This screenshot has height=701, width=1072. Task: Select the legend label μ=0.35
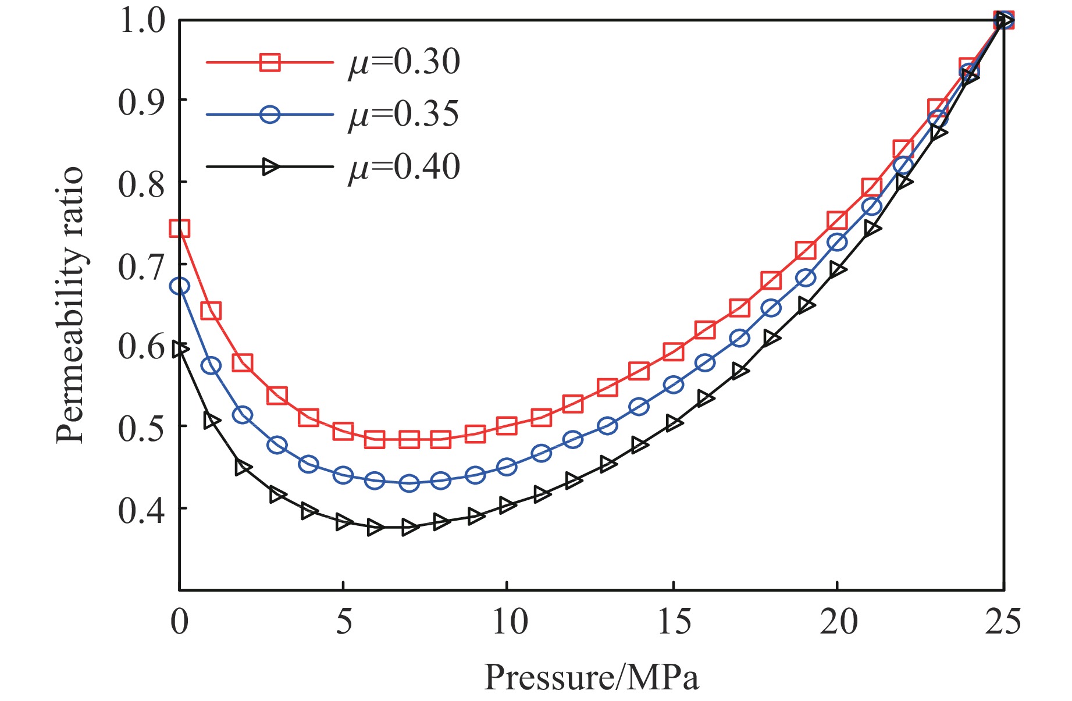pos(404,114)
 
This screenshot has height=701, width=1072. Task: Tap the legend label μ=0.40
pos(404,167)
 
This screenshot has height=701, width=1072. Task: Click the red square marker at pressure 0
pos(180,228)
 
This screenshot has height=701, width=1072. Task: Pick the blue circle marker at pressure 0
pos(180,286)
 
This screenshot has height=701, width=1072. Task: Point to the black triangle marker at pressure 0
pos(180,349)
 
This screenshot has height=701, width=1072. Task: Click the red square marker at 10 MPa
pos(507,426)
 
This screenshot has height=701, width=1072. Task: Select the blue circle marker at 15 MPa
pos(674,385)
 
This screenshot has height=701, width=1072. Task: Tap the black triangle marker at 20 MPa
pos(838,270)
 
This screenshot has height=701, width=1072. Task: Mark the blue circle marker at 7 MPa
pos(409,483)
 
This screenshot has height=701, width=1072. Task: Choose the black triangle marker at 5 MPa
pos(344,522)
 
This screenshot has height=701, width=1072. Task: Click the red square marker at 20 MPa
pos(837,220)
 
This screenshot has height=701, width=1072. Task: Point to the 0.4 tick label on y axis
pos(141,510)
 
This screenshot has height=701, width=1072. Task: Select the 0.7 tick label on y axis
pos(141,266)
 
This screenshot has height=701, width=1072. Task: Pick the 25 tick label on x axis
pos(1003,622)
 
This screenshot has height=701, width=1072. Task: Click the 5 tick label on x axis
pos(344,622)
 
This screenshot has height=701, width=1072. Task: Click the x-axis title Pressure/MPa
pos(591,677)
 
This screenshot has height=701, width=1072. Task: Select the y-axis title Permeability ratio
pos(71,306)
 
